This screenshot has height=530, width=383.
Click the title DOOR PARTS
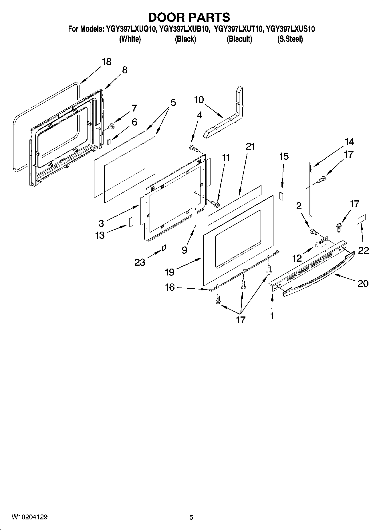tap(189, 17)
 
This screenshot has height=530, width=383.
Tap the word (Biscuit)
tap(239, 39)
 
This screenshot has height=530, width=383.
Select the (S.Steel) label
tap(290, 39)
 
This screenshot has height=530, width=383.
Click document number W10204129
tap(29, 517)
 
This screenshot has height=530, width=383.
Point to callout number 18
tap(107, 62)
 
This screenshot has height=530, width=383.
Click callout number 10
tap(199, 100)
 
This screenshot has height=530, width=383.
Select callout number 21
tap(250, 146)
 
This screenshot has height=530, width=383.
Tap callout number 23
tap(140, 262)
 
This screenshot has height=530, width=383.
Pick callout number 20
tap(363, 283)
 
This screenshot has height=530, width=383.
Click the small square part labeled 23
tap(164, 248)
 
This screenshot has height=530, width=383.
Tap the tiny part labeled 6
tap(109, 141)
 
